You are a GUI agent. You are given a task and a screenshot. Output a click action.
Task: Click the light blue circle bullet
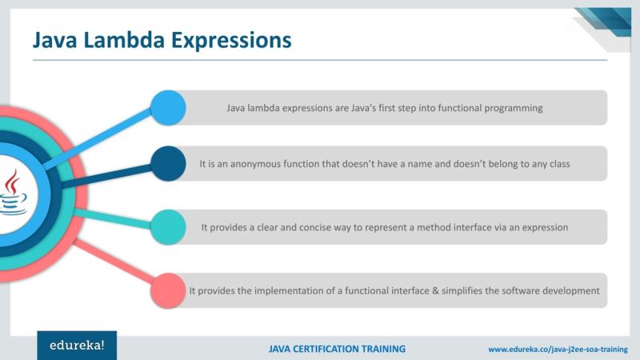(168, 106)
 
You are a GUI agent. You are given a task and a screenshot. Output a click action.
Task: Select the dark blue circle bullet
(168, 163)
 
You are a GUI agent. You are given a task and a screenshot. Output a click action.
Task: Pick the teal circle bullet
(168, 226)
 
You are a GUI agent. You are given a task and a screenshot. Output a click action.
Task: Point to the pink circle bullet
(168, 290)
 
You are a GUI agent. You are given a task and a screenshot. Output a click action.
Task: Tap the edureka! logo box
(77, 346)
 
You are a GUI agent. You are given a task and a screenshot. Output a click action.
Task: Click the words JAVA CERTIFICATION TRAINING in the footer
(337, 349)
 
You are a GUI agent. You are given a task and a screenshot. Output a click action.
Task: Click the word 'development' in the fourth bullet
(569, 290)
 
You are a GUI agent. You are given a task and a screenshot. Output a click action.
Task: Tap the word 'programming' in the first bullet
(514, 108)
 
